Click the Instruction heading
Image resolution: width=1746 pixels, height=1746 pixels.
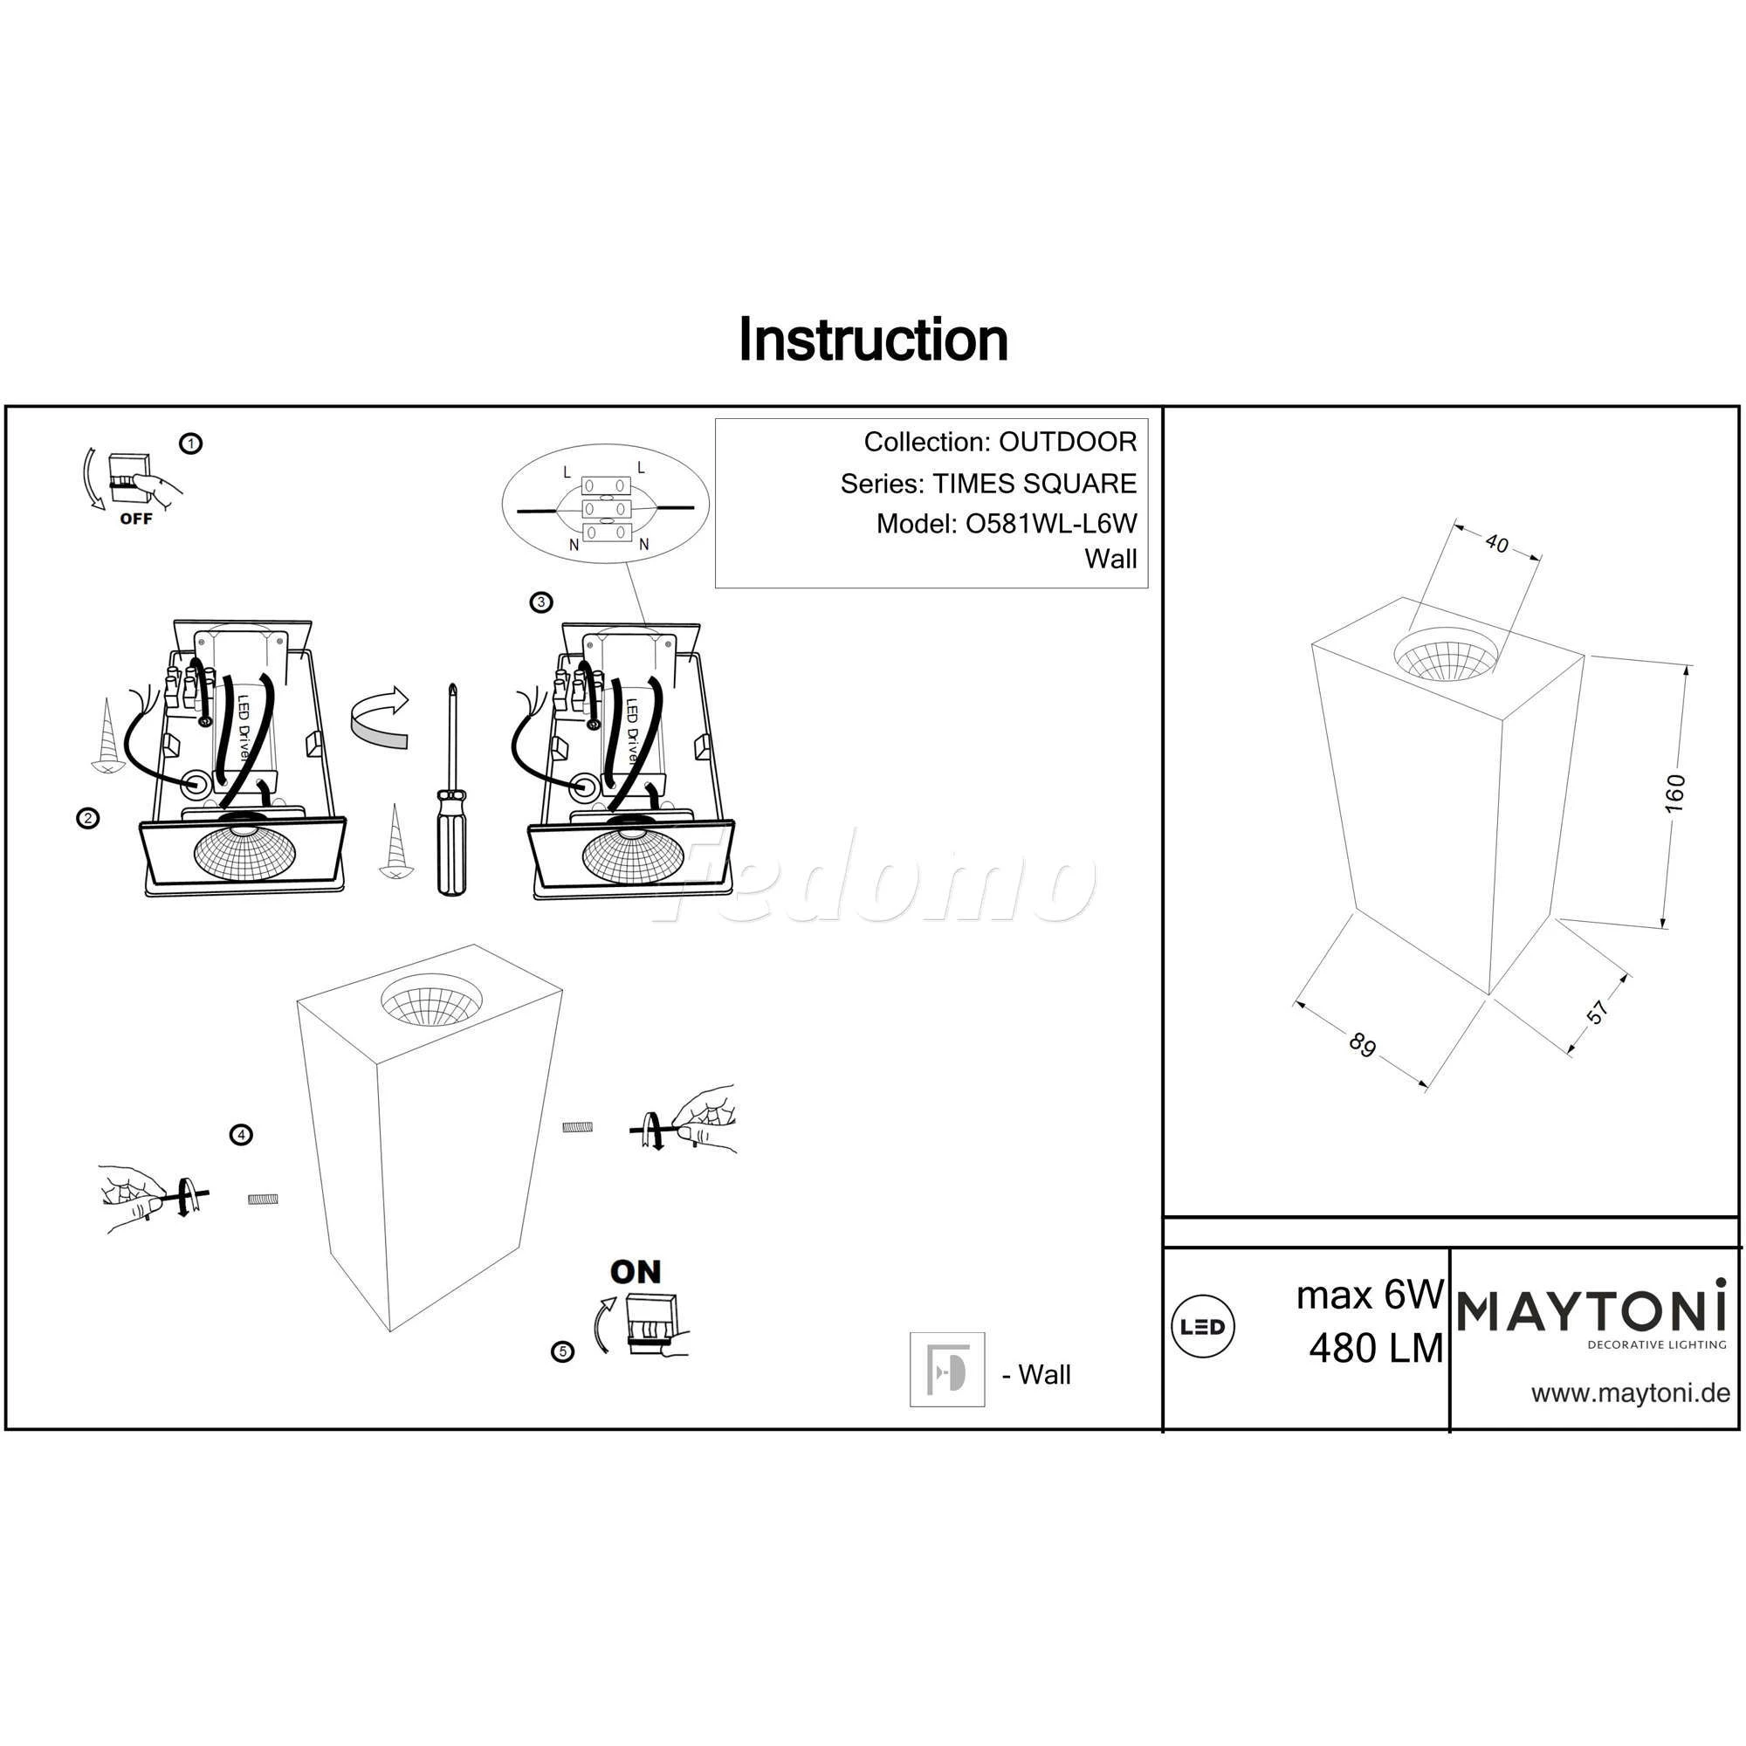(873, 340)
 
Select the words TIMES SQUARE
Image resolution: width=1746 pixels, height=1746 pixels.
(1035, 484)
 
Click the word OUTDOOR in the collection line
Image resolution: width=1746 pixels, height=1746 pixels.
(1068, 442)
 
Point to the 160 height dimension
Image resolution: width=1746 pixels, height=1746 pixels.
(1674, 794)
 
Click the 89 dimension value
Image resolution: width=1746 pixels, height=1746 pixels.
(1362, 1046)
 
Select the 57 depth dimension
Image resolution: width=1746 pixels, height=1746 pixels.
(1598, 1011)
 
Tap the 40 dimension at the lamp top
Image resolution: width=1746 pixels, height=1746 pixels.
(1496, 543)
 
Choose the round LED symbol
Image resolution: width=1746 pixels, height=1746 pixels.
(1203, 1326)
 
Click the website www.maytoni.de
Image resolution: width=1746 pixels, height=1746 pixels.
(1630, 1392)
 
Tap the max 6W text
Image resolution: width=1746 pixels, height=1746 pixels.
(1370, 1295)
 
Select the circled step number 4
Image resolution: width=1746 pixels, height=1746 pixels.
(240, 1135)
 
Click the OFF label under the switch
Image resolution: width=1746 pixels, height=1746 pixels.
(135, 519)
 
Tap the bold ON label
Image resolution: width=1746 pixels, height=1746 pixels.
(636, 1273)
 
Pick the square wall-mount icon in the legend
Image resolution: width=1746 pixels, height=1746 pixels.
(947, 1369)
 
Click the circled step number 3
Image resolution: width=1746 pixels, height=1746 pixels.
(540, 601)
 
